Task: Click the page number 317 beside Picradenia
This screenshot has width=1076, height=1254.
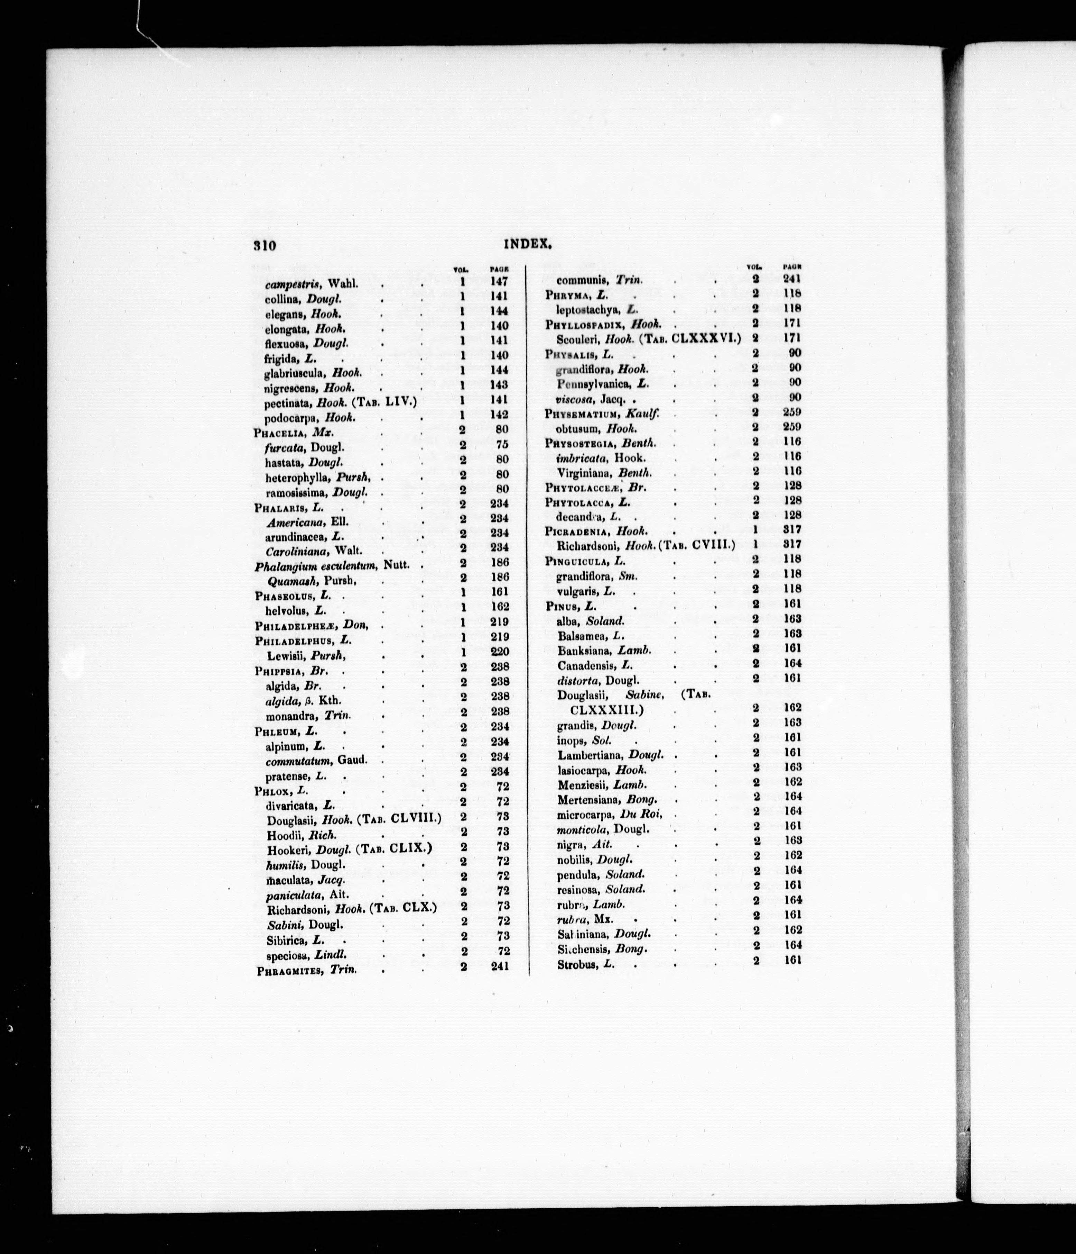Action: pyautogui.click(x=792, y=529)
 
